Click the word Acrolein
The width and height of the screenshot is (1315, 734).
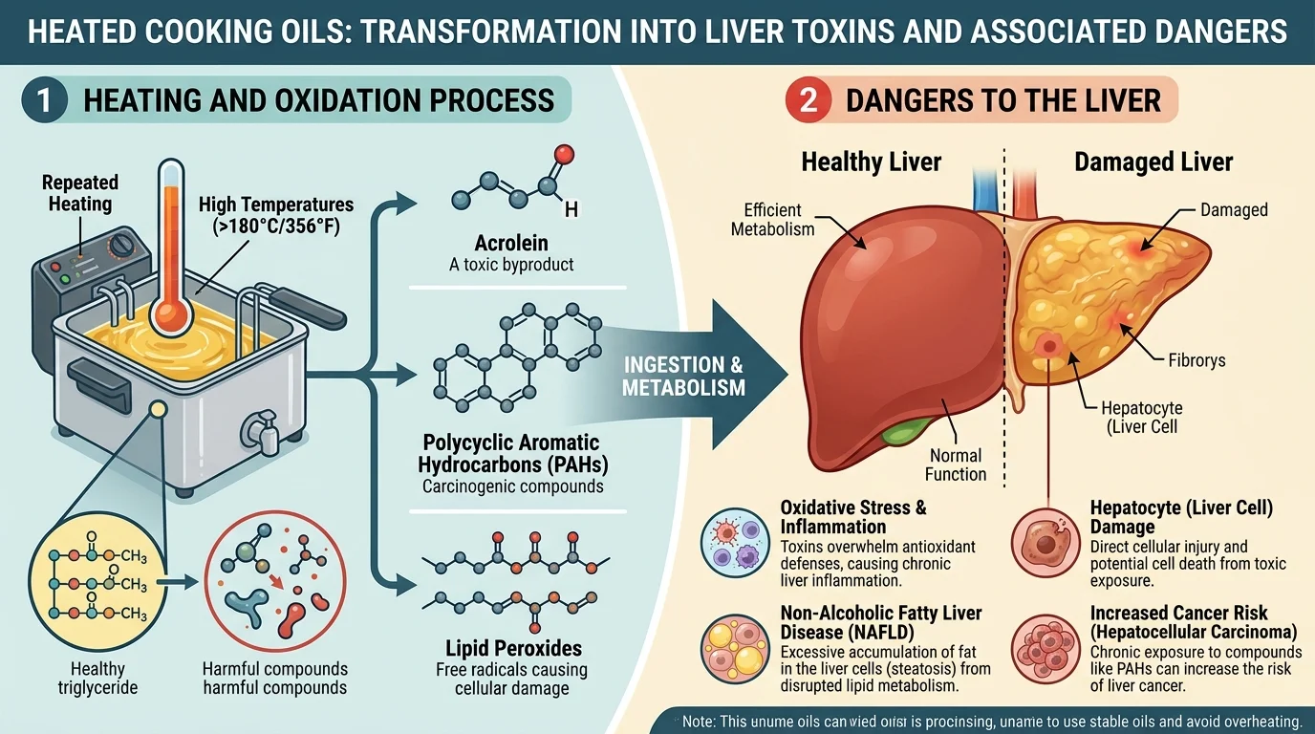tap(511, 242)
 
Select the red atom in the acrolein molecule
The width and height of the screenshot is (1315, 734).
tap(563, 152)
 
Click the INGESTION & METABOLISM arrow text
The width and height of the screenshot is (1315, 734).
tap(683, 377)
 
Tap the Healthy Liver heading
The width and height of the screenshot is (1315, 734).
tap(871, 162)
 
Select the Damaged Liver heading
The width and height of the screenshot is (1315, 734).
tap(1153, 162)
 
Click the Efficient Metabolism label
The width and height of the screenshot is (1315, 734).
tap(772, 219)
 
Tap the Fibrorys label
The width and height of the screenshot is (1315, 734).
tap(1196, 360)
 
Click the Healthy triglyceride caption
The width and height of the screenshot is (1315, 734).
tap(97, 679)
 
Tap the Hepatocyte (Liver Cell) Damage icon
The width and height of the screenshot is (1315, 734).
tap(1044, 539)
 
